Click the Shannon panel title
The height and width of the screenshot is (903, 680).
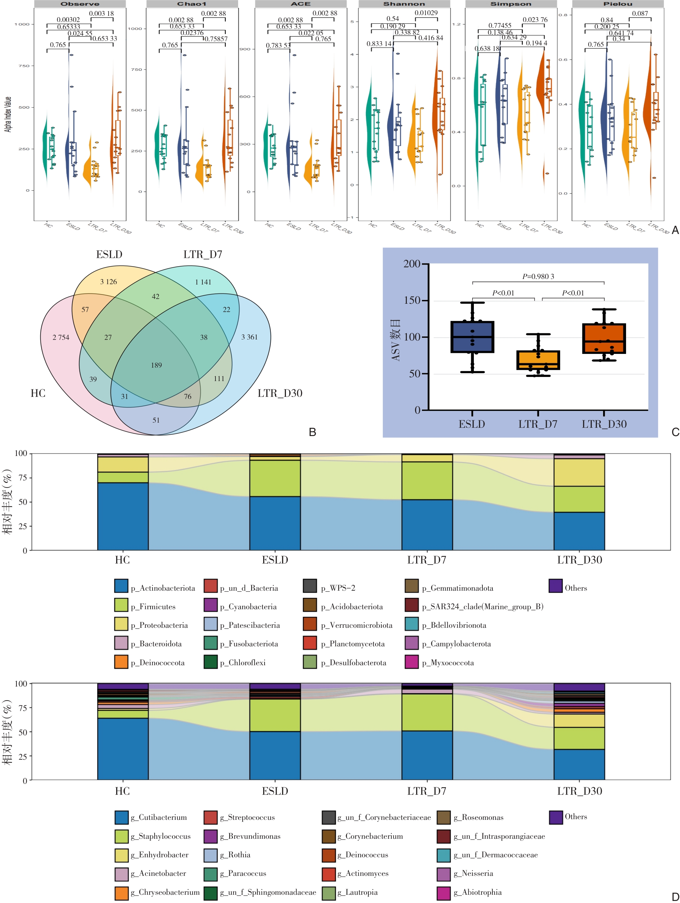click(x=404, y=4)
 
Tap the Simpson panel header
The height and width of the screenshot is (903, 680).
click(x=511, y=4)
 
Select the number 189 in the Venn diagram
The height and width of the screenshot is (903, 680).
click(x=156, y=365)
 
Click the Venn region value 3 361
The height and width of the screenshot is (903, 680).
click(x=249, y=337)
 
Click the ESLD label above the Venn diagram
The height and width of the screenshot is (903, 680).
click(x=109, y=255)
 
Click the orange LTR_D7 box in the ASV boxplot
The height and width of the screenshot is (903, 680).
click(x=538, y=360)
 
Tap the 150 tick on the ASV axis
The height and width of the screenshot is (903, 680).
click(x=412, y=300)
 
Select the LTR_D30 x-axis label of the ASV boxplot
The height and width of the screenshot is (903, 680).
click(x=604, y=424)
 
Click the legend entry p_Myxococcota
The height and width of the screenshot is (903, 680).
click(x=448, y=663)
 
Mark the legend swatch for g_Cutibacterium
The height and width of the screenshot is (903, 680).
click(x=121, y=817)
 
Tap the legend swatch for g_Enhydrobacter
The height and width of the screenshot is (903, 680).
click(x=121, y=855)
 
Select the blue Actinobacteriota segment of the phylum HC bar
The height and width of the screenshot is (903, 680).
click(x=123, y=516)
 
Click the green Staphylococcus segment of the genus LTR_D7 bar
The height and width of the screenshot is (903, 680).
click(x=427, y=712)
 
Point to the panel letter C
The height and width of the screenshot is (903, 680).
click(x=675, y=432)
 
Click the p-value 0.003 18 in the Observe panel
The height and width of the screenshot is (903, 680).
click(x=102, y=13)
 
